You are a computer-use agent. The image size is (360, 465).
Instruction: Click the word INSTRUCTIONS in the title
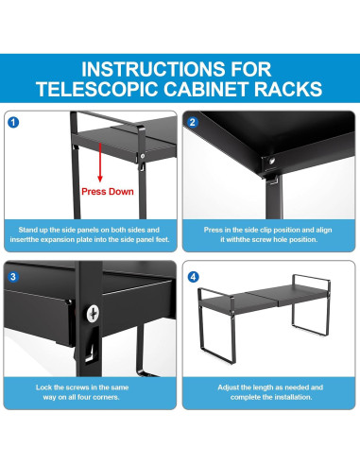152,69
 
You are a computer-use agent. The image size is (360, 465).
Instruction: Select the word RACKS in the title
288,89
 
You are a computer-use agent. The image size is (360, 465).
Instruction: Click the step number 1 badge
13,122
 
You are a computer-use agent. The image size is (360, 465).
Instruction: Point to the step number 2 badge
192,122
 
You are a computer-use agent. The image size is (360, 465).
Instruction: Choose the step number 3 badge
13,277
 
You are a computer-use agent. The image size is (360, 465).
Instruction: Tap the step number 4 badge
193,277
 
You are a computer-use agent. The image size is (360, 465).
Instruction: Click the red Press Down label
108,192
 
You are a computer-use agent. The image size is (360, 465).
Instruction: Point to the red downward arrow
100,163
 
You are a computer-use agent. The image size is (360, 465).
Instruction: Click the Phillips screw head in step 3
93,313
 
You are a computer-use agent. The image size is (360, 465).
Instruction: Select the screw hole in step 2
271,162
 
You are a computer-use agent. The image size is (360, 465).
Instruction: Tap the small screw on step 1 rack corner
143,156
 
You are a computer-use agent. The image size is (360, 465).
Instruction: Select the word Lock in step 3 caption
43,387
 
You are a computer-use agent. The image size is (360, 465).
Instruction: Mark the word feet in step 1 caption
163,239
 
